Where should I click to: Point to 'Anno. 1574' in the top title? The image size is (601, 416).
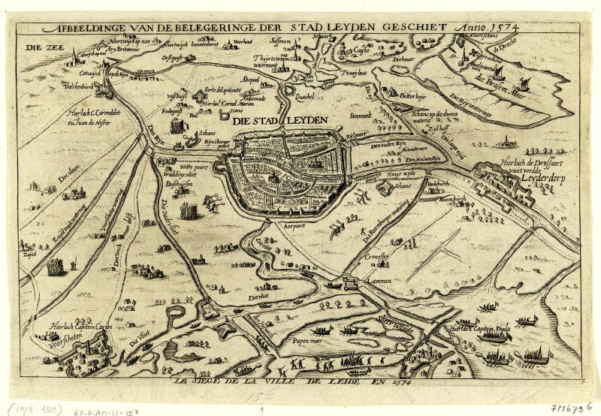click(x=489, y=27)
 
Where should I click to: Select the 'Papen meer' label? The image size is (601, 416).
click(x=297, y=340)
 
